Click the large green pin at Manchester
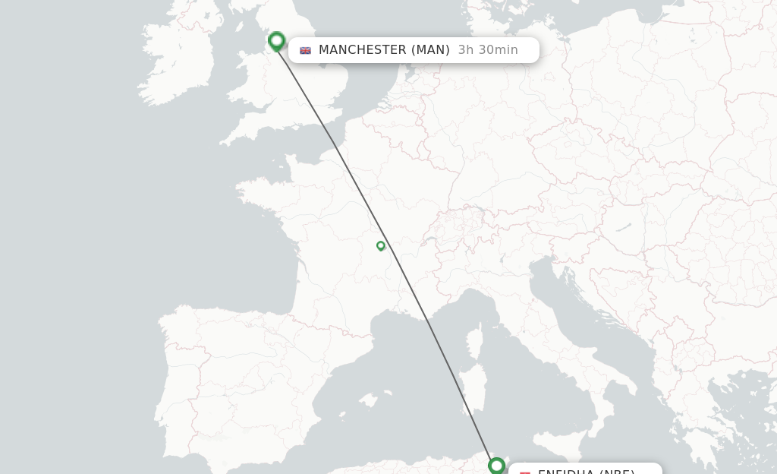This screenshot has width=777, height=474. click(x=276, y=41)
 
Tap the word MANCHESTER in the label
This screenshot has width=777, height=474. click(x=362, y=50)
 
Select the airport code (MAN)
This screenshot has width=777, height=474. click(x=430, y=50)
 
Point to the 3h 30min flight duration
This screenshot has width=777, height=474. click(x=487, y=50)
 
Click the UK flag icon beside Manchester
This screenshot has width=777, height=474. click(x=305, y=51)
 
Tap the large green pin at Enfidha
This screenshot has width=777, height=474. click(x=496, y=465)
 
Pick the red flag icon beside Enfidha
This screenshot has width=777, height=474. click(x=524, y=472)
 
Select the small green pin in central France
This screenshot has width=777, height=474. click(x=381, y=245)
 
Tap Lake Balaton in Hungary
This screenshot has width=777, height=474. click(x=624, y=227)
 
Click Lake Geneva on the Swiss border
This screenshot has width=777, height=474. click(x=430, y=241)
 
